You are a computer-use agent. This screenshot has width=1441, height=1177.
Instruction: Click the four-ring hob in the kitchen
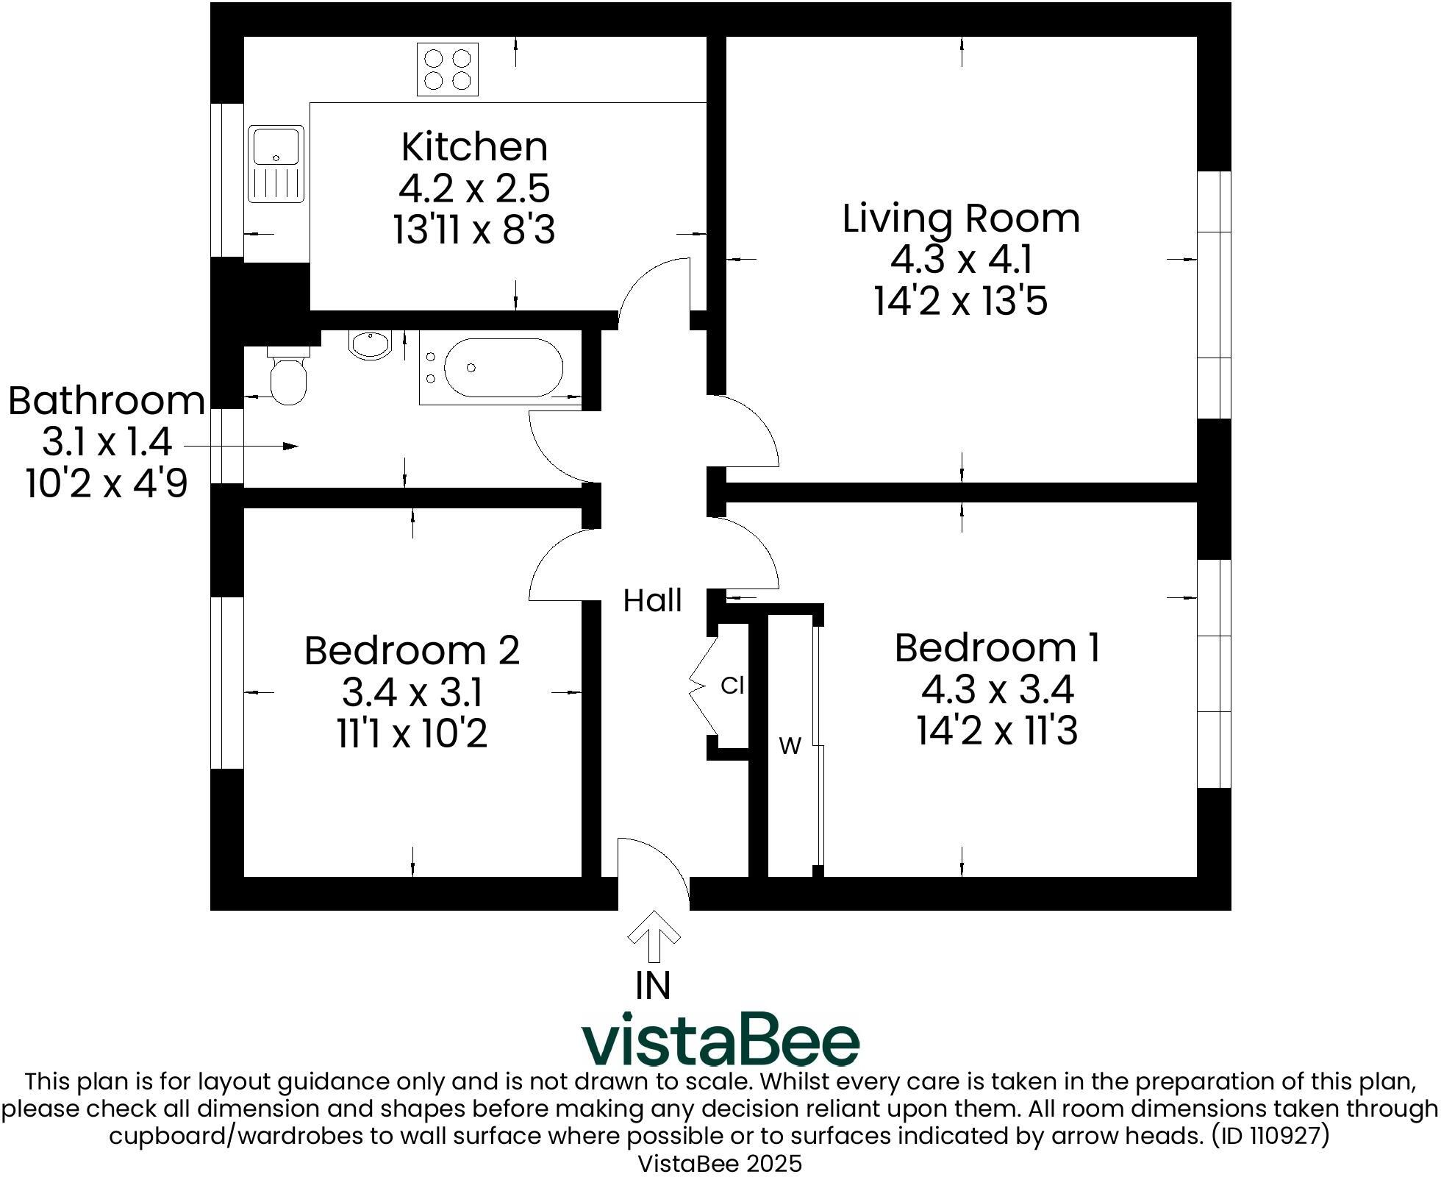tap(448, 69)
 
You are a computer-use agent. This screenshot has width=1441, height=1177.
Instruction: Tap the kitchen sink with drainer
tap(276, 164)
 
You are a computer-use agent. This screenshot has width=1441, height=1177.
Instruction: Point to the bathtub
tap(501, 368)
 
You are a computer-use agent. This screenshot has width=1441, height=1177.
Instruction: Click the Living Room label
tap(961, 218)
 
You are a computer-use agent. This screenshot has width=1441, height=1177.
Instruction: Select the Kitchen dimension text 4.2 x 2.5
tap(474, 188)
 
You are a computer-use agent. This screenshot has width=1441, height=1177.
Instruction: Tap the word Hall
tap(652, 600)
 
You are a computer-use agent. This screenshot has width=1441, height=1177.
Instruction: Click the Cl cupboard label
tap(732, 686)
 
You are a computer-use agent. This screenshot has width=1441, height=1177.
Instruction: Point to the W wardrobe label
tap(790, 747)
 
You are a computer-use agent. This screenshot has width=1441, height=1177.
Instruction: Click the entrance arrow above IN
tap(654, 936)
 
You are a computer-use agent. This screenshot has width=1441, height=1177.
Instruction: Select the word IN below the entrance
tap(653, 986)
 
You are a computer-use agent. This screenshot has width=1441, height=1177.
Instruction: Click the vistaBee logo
tap(720, 1039)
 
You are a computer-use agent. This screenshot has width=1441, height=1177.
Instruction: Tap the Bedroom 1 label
tap(997, 647)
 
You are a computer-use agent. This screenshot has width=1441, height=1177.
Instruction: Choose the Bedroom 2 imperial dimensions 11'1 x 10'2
tap(412, 733)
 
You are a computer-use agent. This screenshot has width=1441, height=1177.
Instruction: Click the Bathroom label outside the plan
tap(107, 401)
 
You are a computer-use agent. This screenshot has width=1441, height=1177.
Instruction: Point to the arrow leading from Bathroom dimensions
tap(240, 446)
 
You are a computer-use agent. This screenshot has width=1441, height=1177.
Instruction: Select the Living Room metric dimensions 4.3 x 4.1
tap(962, 260)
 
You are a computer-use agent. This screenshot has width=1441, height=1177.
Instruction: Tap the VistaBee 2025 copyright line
tap(720, 1164)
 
